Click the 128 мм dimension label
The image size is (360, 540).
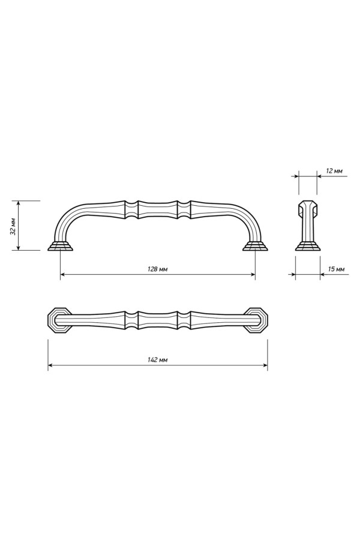[157, 269]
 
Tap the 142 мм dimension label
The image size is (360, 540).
[157, 360]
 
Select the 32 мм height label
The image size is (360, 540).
[13, 226]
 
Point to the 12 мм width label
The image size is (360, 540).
[334, 171]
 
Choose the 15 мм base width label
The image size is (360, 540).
[336, 269]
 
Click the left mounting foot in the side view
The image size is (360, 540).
[60, 246]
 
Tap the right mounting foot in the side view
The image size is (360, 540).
[256, 246]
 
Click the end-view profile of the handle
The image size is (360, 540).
[308, 225]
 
